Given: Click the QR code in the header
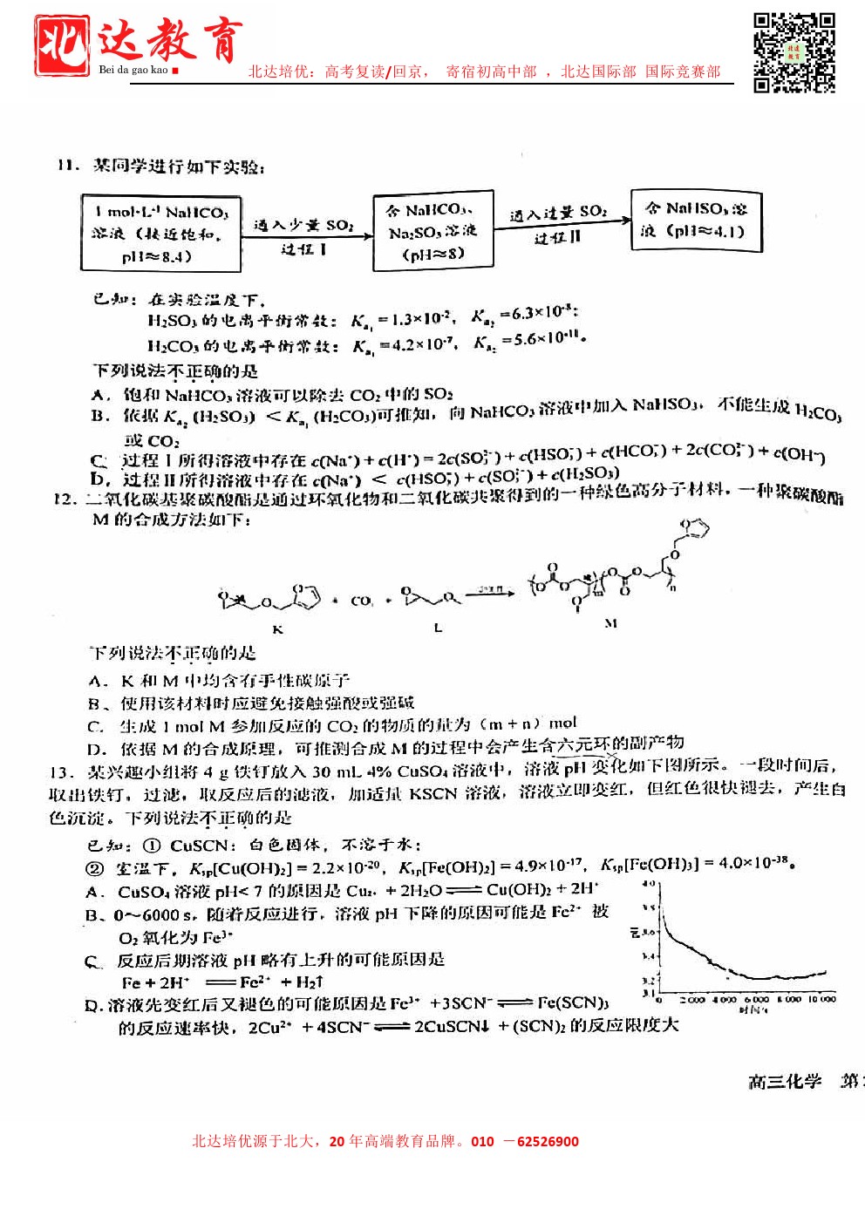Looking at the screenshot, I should tap(793, 51).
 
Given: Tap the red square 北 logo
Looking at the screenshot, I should tap(61, 45).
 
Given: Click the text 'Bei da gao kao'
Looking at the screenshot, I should tap(133, 70).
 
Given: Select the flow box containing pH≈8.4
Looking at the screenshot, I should tap(160, 233).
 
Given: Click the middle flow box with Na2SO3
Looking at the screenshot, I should tap(432, 232).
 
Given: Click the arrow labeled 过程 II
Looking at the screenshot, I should tap(561, 225).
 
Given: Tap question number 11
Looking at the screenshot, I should tap(67, 166).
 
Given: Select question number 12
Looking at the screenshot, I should tap(65, 499).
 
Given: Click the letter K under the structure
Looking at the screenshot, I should tap(278, 628).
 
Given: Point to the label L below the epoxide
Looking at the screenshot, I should tap(438, 628).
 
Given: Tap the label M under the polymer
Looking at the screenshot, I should tap(610, 623).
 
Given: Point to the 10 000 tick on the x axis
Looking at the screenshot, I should tap(821, 999).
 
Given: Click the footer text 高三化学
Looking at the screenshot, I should tap(785, 1082).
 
